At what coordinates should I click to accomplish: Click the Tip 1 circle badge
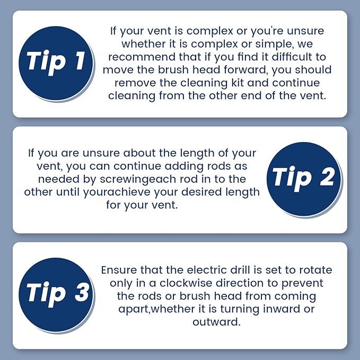point(56,63)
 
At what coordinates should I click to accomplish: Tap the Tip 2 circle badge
point(304,179)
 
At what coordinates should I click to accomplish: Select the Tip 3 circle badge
point(56,295)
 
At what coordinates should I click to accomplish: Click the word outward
point(216,322)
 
